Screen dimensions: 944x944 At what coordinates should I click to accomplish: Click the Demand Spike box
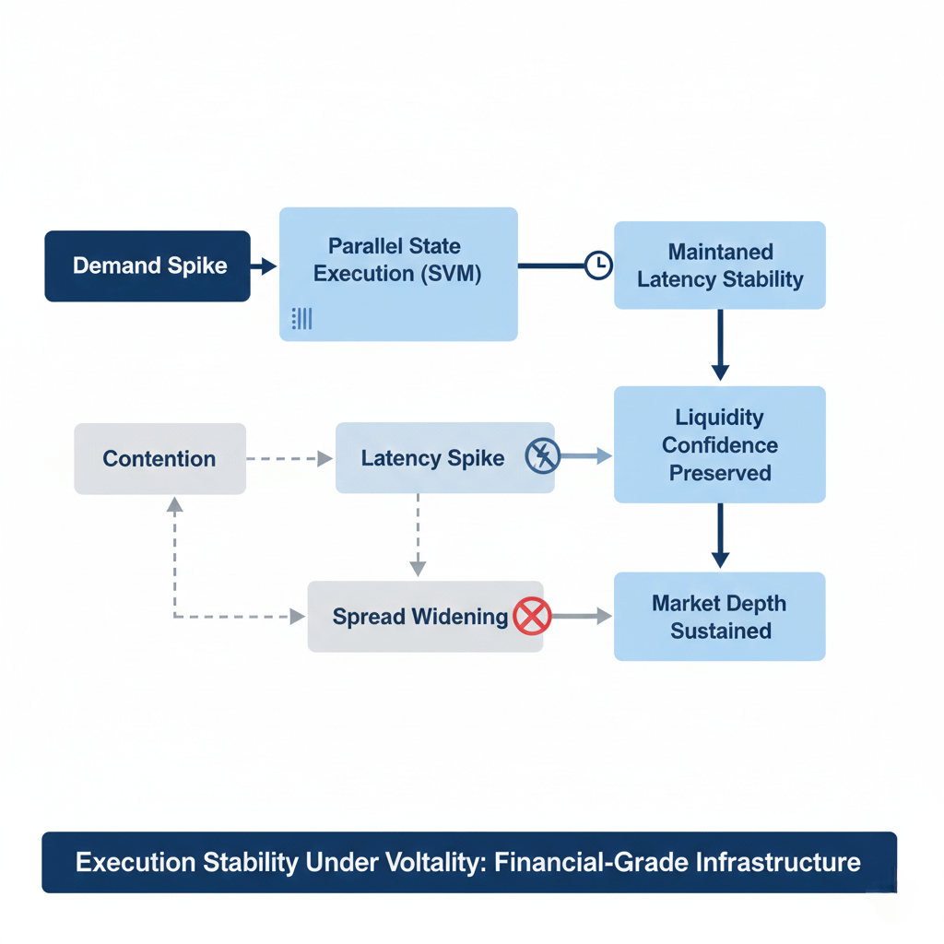(147, 266)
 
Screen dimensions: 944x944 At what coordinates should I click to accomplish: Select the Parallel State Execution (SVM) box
(398, 275)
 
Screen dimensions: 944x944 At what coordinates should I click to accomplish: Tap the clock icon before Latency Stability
(598, 265)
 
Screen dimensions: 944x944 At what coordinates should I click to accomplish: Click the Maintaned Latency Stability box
(720, 265)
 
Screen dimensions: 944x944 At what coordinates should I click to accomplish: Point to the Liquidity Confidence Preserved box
(720, 444)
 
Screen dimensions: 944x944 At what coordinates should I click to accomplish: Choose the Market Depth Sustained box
(720, 617)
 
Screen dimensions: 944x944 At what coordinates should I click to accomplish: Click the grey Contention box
(160, 459)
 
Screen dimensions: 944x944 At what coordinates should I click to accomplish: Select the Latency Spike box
(445, 457)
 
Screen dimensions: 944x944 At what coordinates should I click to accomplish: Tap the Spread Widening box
(426, 617)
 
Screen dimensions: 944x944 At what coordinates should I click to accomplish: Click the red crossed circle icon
(532, 617)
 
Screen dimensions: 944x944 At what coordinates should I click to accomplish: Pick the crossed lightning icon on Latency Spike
(542, 455)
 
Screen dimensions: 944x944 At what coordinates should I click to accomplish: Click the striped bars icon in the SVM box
(301, 318)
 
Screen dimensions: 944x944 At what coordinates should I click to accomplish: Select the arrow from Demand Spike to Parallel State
(264, 265)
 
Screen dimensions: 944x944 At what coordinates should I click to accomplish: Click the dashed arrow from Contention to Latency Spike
(289, 459)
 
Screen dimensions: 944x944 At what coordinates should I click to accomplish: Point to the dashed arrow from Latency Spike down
(418, 535)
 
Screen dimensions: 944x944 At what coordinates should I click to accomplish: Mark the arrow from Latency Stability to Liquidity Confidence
(720, 345)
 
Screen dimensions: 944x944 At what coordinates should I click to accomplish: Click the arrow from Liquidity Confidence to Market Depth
(720, 536)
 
